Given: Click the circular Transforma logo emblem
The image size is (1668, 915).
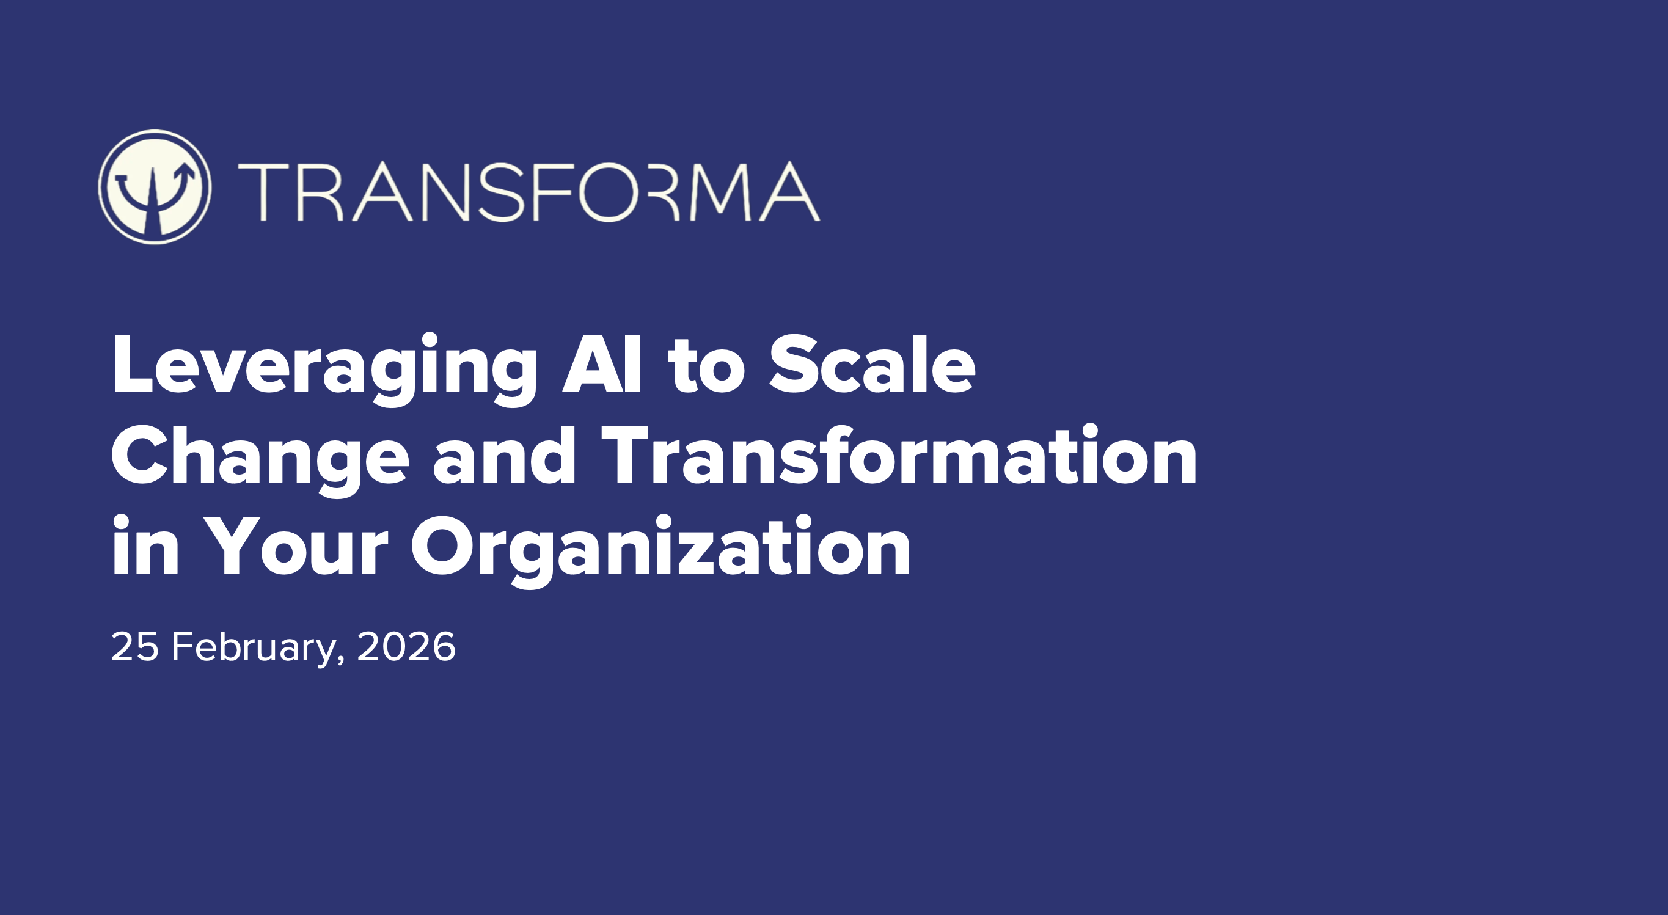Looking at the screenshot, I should [x=154, y=187].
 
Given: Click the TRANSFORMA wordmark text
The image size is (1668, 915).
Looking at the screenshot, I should [x=529, y=192].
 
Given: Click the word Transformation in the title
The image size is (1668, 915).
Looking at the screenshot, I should [x=899, y=456].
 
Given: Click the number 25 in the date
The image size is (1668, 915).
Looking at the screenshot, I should [x=134, y=646].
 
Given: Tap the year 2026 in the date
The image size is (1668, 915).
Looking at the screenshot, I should [x=406, y=646].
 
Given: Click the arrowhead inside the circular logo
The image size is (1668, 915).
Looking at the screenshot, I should [x=186, y=171].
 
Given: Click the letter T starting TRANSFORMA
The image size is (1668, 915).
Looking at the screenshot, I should [x=263, y=192].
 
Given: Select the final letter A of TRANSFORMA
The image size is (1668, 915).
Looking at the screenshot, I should [x=790, y=192].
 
